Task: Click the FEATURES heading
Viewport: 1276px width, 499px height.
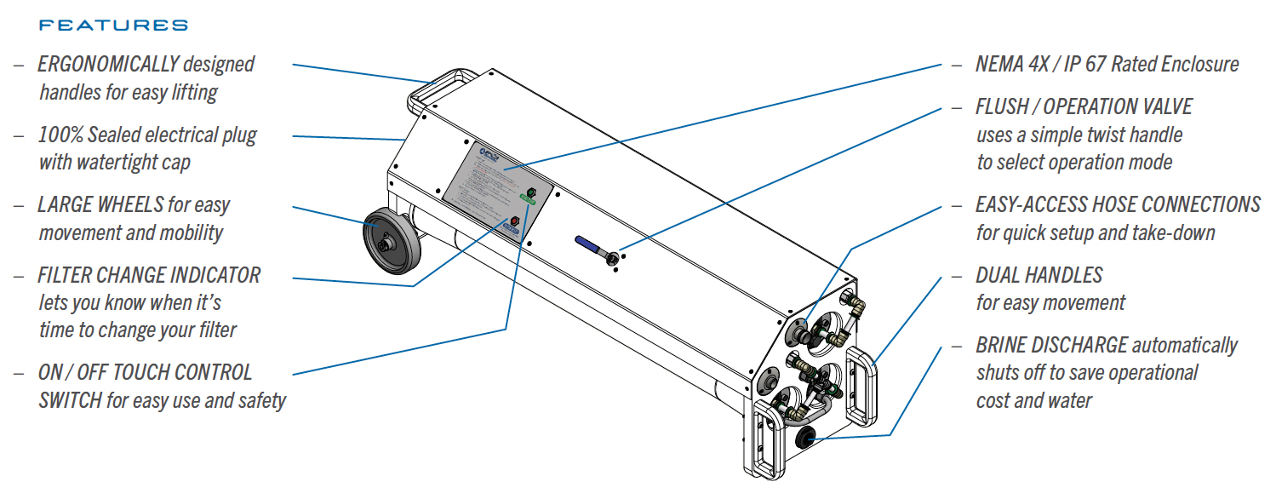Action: point(113,26)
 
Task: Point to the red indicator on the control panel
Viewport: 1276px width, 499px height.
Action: point(512,223)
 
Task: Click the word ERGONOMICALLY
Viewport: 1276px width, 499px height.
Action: point(108,64)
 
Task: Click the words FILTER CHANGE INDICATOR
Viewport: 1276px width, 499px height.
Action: point(149,275)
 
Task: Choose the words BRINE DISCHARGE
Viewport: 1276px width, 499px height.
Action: point(1051,345)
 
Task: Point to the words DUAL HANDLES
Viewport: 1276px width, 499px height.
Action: point(1039,275)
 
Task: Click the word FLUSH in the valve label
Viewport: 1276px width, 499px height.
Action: point(1002,107)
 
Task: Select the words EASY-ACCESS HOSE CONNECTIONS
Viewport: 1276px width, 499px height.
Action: point(1118,205)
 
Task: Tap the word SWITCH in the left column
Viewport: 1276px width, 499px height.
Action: point(70,400)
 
